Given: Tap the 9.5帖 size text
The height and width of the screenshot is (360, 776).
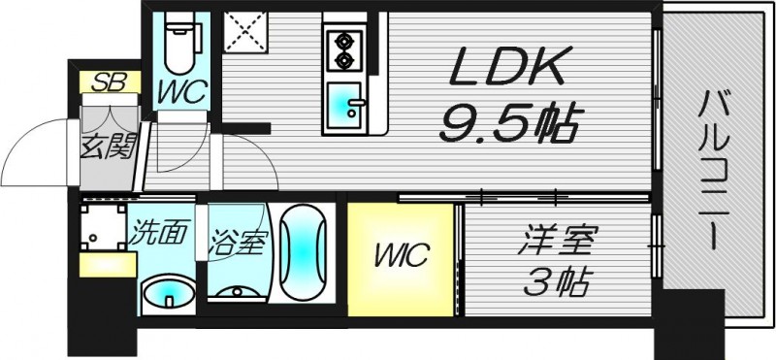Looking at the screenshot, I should coord(510,123).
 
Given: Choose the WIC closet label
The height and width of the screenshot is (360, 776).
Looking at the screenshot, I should coord(401,257).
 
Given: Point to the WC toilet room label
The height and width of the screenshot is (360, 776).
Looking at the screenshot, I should coord(181,94).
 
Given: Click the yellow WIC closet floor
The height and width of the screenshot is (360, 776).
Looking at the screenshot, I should coord(401,286).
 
